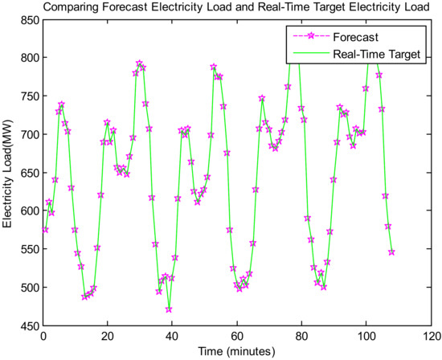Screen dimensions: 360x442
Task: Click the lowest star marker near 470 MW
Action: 169,309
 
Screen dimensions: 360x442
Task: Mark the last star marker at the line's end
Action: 392,252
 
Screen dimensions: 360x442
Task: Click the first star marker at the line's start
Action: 45,230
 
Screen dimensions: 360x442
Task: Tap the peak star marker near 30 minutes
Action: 140,63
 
